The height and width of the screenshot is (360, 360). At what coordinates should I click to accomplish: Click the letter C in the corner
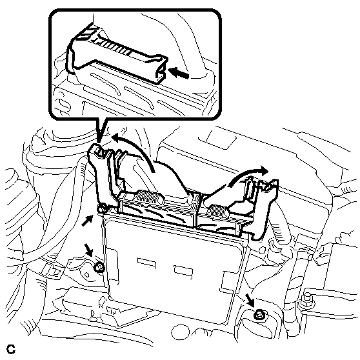(11, 349)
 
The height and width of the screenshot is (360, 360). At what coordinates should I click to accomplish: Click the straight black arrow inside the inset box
(179, 72)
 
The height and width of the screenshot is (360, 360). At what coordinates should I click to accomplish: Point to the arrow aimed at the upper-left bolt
(88, 221)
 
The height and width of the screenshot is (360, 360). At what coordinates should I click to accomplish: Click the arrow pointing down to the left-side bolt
(89, 250)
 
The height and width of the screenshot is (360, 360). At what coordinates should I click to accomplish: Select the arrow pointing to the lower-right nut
(250, 300)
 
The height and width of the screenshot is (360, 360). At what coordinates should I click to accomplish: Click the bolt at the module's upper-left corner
(101, 208)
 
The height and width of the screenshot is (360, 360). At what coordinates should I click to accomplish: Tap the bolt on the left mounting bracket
(99, 267)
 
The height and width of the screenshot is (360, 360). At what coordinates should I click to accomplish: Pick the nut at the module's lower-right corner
(259, 315)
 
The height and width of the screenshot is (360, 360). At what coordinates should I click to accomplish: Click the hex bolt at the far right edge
(306, 301)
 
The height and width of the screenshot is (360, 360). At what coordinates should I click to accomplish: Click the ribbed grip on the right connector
(217, 210)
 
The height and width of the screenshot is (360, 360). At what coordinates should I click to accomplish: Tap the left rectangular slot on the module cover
(146, 263)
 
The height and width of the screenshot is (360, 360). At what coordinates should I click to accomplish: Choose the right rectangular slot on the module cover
(183, 272)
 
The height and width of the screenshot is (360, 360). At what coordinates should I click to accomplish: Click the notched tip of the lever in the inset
(162, 71)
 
